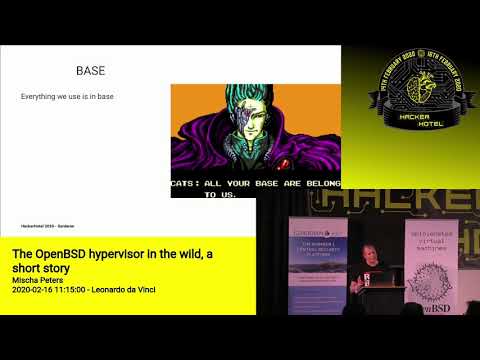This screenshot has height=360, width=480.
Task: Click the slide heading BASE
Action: point(91,71)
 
